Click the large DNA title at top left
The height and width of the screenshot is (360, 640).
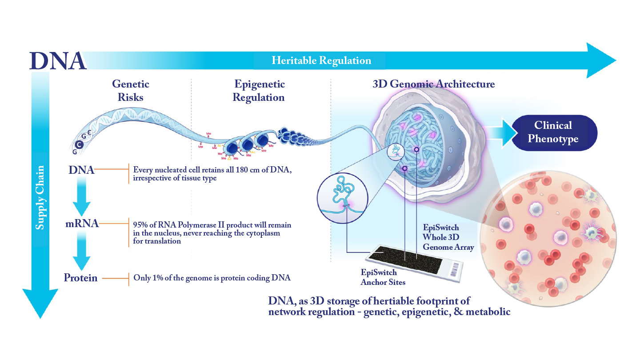pos(58,61)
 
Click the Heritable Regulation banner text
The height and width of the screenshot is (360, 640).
pos(321,60)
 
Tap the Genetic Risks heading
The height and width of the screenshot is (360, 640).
pos(131,90)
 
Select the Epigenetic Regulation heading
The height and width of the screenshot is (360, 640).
pos(259,90)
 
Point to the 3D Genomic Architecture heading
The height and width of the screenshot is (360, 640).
pos(433,84)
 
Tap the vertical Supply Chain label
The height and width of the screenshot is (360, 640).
pos(40,197)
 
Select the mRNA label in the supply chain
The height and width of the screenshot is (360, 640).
pos(82,223)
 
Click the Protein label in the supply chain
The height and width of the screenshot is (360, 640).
pos(80,278)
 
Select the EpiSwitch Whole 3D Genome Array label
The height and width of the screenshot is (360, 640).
pos(448,237)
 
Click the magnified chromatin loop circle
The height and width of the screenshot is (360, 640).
pos(342,196)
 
